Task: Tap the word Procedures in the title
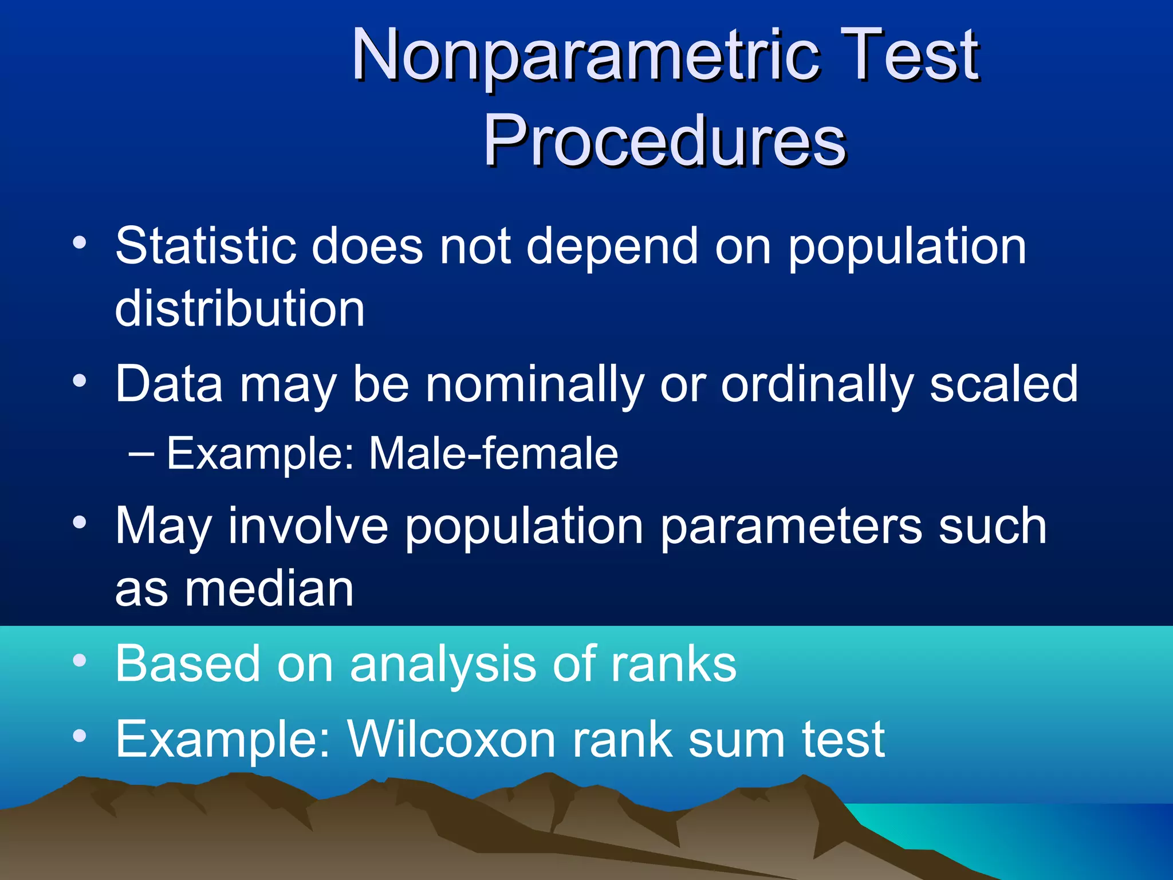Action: (x=664, y=141)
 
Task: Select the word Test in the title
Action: (x=911, y=56)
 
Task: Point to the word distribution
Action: (x=239, y=309)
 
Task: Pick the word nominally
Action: (x=535, y=385)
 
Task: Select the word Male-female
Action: (x=493, y=454)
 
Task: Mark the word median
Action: (x=268, y=590)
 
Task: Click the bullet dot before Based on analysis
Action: (x=80, y=660)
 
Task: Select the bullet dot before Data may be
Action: (x=80, y=380)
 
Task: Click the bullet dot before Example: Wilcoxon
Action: (x=80, y=736)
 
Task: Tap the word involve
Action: (x=309, y=526)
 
